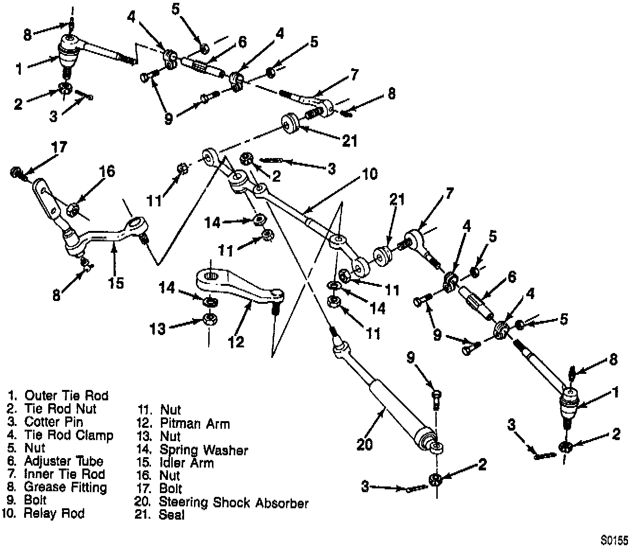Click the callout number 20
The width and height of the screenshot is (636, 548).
point(364,444)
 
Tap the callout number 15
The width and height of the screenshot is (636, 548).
point(115,283)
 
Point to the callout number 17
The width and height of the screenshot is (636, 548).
point(60,147)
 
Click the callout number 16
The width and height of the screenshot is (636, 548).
point(107,171)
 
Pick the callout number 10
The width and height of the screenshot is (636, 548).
point(370,174)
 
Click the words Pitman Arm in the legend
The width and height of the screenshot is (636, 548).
point(194,423)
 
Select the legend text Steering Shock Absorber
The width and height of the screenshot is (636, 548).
point(233,502)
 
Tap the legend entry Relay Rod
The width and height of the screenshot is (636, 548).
point(54,513)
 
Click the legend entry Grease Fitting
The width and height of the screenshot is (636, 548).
point(65,487)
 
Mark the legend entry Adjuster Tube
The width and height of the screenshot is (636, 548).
point(63,461)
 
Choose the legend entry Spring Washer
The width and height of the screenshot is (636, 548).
point(203,450)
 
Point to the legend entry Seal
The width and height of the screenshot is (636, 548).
point(171,515)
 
